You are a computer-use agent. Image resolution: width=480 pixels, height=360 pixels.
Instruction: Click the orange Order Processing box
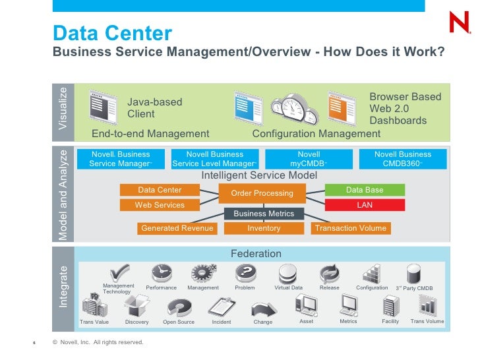coord(262,193)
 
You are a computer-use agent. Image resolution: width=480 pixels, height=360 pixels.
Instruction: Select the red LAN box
coord(365,205)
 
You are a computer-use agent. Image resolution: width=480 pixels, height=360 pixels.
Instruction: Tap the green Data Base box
coord(365,190)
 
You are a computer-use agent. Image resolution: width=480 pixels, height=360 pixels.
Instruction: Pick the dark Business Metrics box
coord(264,214)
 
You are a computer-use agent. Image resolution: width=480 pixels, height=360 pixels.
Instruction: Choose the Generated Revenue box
coord(177,228)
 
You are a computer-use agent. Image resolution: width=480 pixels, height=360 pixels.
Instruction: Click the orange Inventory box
coord(264,228)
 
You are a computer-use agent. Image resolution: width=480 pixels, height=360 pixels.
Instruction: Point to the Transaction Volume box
coord(351,228)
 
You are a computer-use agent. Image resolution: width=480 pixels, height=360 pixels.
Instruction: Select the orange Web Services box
coord(160,205)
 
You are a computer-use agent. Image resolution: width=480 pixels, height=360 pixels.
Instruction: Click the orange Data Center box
coord(160,190)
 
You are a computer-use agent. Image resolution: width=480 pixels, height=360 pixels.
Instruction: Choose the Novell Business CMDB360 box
coord(403,159)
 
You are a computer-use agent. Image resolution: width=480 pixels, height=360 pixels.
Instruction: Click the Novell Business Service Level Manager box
coord(214,159)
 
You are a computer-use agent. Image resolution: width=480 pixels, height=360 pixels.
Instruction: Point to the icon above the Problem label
coord(245,273)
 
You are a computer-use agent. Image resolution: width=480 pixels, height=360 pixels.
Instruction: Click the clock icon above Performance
coord(161,273)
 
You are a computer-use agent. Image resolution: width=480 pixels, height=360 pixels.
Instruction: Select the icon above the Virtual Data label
coord(287,273)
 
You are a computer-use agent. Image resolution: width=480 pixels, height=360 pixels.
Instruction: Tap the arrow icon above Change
coord(263,307)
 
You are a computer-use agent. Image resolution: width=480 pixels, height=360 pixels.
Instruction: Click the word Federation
coord(256,254)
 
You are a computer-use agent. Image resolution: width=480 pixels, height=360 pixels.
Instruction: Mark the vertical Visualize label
coord(63,109)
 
